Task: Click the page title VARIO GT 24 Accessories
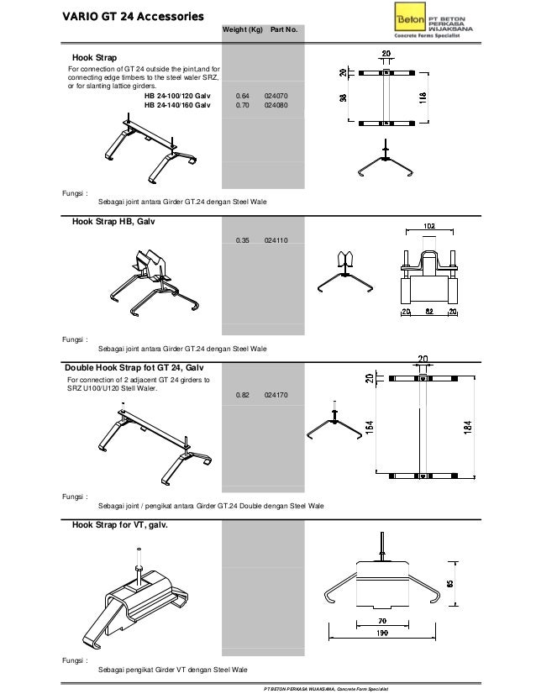click(x=122, y=16)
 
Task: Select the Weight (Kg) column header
click(x=242, y=30)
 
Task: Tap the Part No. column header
click(x=284, y=30)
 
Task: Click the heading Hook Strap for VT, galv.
click(x=119, y=525)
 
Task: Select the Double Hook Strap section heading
click(x=133, y=368)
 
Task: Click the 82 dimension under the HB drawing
click(x=429, y=312)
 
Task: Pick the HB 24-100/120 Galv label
click(x=177, y=97)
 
